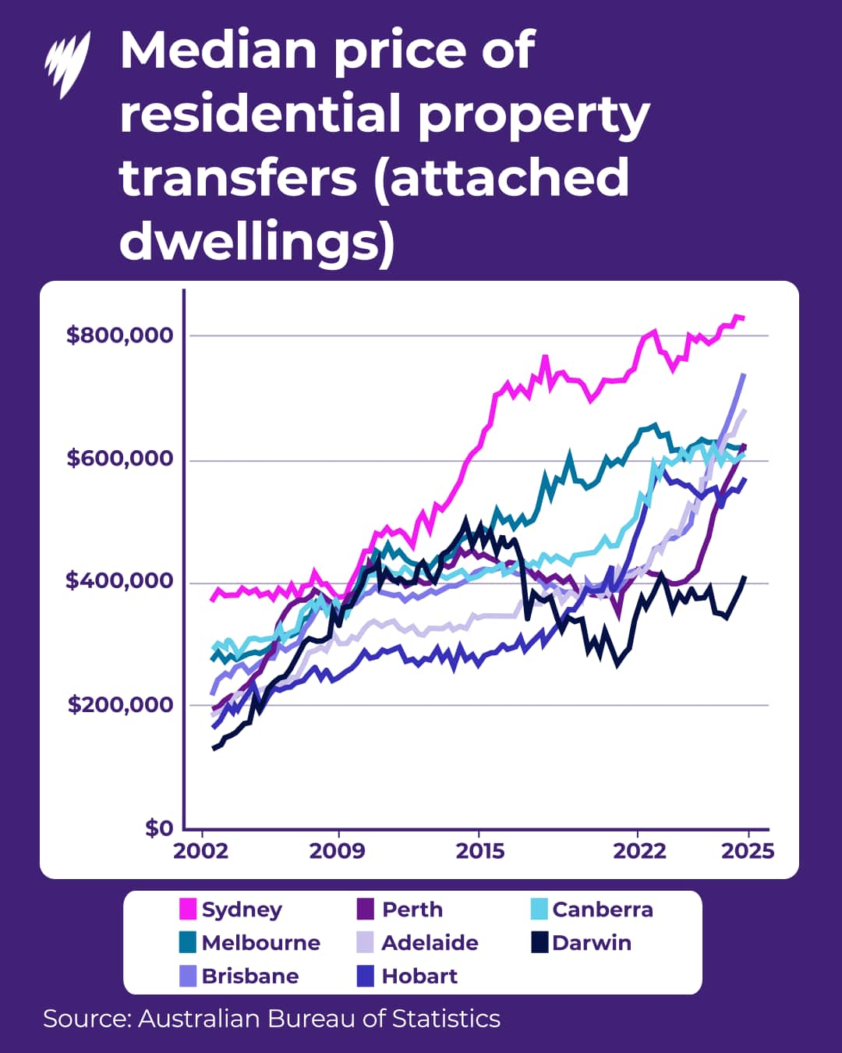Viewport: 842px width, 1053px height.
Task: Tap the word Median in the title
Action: click(x=218, y=50)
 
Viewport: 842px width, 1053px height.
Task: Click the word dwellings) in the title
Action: click(x=256, y=241)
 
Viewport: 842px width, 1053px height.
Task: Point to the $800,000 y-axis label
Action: click(x=119, y=335)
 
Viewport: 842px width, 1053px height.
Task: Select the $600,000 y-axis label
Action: click(x=119, y=458)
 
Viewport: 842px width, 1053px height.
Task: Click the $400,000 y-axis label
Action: click(x=119, y=580)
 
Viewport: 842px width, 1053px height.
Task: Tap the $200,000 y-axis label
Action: click(x=119, y=704)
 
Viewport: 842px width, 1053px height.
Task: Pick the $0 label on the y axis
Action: click(x=158, y=828)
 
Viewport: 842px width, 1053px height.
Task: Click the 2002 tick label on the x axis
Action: click(x=200, y=850)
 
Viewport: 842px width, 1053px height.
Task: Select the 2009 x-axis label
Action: click(x=337, y=850)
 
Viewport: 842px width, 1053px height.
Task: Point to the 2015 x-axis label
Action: click(x=479, y=850)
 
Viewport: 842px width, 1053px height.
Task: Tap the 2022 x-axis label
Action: click(x=639, y=850)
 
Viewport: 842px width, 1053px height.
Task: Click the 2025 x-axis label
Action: click(x=747, y=850)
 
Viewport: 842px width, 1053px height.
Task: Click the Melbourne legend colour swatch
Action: click(x=188, y=942)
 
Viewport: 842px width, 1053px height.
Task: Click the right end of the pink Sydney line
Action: click(x=743, y=317)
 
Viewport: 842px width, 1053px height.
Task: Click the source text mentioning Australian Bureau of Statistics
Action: click(x=271, y=1019)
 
